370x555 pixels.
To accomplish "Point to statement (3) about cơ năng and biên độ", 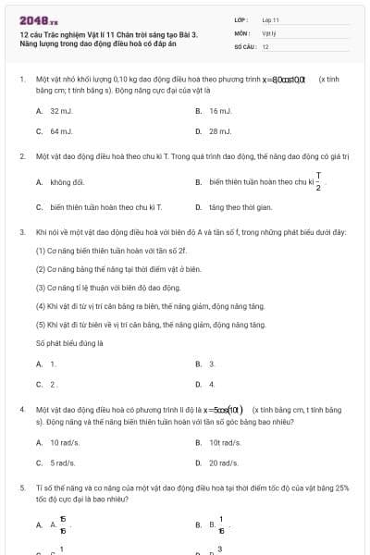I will [x=107, y=288].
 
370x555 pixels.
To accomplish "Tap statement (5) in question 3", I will [x=138, y=325].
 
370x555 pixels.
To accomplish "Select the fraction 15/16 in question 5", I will [x=63, y=524].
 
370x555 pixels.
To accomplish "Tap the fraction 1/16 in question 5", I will [x=221, y=524].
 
